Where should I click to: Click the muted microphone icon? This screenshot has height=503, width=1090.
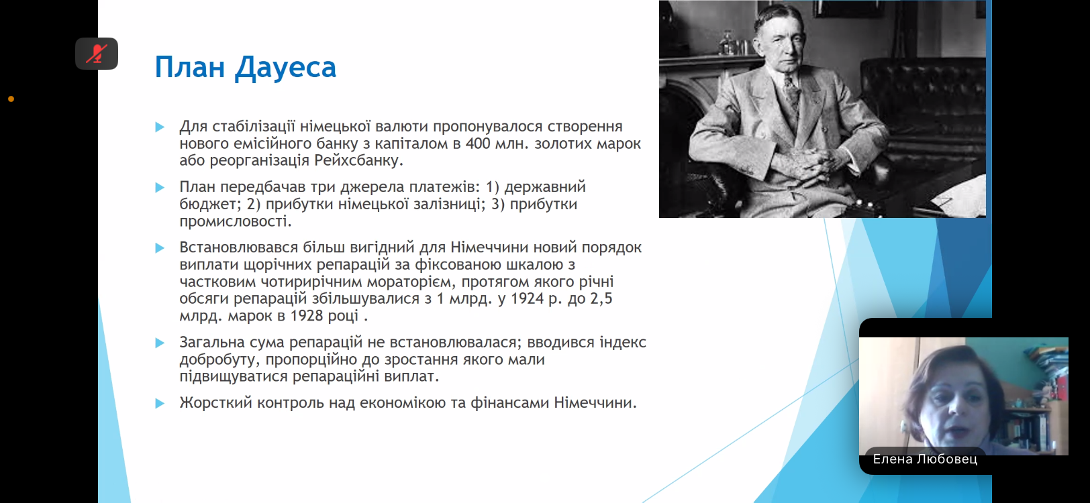(x=97, y=54)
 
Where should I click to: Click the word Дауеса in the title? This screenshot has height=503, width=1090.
(x=286, y=68)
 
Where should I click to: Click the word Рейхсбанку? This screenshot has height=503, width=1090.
(x=358, y=160)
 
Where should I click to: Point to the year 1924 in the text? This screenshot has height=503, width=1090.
(x=527, y=298)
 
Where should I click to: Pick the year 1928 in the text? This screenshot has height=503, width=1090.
(x=307, y=316)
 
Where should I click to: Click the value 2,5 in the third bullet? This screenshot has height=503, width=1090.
(x=601, y=298)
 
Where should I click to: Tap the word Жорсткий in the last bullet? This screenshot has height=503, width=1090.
(x=215, y=403)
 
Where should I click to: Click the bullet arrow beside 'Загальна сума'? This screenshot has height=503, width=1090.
(x=160, y=343)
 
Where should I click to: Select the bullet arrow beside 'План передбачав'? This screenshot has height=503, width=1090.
(x=160, y=187)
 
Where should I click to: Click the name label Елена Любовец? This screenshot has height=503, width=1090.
(x=925, y=459)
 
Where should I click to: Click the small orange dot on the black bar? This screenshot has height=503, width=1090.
(x=11, y=99)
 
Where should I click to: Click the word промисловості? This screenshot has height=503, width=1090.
(x=236, y=222)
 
